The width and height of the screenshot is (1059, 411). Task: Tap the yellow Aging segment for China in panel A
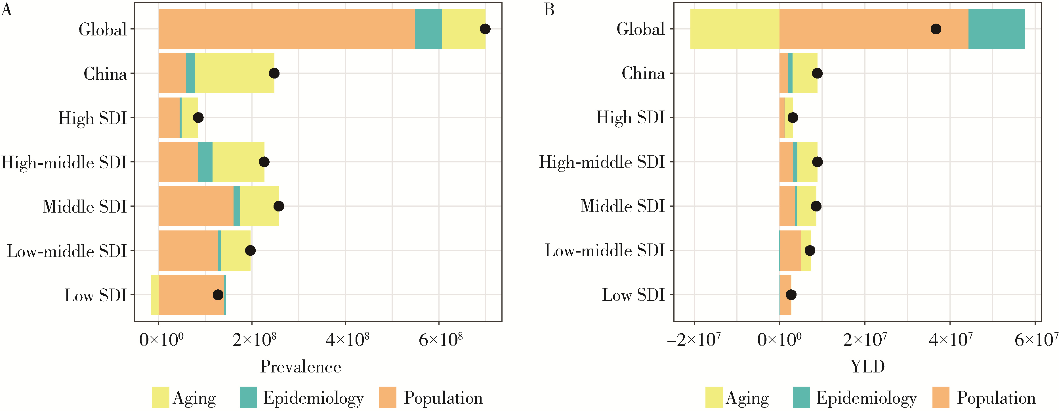click(x=234, y=73)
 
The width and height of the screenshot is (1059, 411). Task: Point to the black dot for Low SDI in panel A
click(x=218, y=295)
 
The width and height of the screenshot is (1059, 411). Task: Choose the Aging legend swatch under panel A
click(x=160, y=397)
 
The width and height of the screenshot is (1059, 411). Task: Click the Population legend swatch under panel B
click(x=941, y=397)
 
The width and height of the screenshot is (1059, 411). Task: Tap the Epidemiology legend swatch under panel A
click(x=248, y=397)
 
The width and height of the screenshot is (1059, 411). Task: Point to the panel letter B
click(x=549, y=9)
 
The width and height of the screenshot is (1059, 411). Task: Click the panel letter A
click(x=6, y=9)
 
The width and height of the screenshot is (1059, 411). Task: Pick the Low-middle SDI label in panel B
click(x=604, y=251)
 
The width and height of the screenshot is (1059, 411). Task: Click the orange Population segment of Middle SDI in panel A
click(x=196, y=206)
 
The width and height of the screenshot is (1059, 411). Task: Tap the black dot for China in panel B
click(x=817, y=73)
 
